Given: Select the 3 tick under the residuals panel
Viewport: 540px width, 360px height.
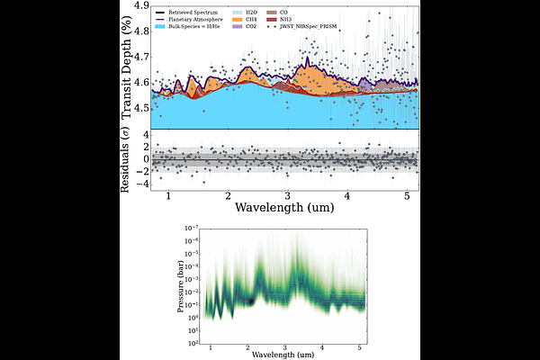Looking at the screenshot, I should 287,196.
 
